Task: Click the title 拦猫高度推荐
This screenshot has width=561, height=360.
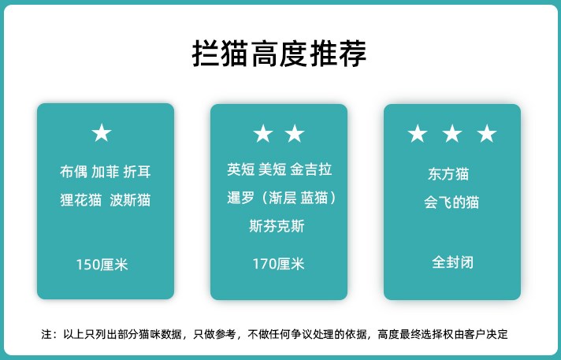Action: click(279, 54)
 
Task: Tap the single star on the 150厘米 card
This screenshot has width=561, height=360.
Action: click(102, 133)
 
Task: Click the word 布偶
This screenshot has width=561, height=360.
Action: click(73, 172)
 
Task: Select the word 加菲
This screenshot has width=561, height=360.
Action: click(106, 172)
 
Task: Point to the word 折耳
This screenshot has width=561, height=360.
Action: click(137, 172)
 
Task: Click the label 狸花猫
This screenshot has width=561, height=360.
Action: click(81, 199)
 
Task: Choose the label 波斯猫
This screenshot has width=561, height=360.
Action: click(130, 199)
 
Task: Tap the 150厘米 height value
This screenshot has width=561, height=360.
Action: click(102, 265)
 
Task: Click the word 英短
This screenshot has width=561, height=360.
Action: click(241, 169)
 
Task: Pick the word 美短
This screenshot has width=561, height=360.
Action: click(273, 169)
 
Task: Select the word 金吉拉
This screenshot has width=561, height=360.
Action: click(311, 169)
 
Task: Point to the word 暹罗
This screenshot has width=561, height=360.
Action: click(241, 198)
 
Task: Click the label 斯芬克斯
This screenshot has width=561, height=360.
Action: click(277, 226)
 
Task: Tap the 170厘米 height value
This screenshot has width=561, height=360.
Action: click(279, 264)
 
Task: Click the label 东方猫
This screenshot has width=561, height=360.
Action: click(448, 174)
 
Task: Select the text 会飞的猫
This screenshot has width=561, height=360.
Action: click(451, 202)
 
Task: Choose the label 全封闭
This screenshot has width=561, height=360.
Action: click(452, 262)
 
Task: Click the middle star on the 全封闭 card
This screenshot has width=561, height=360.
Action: click(452, 133)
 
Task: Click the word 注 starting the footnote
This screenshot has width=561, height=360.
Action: click(46, 334)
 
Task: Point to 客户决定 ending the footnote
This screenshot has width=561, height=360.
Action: click(487, 334)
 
